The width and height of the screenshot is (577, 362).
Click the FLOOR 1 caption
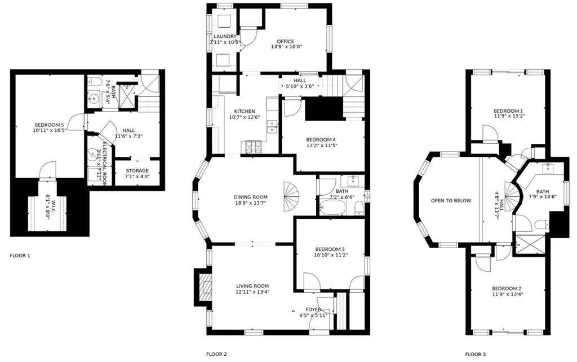[x=20, y=255]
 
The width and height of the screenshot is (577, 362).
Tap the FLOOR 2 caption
[x=216, y=354]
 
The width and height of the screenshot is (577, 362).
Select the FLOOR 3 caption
[x=475, y=354]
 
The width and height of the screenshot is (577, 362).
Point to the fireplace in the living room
[x=205, y=288]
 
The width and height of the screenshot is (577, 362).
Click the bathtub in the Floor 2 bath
[x=333, y=209]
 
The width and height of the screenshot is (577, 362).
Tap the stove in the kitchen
[x=252, y=147]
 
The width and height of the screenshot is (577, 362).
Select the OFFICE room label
[x=285, y=42]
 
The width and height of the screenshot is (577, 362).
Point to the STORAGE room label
[x=137, y=171]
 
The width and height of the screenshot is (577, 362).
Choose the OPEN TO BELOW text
[x=451, y=201]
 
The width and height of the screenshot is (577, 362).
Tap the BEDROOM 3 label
[x=330, y=249]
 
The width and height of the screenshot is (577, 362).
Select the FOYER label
[x=313, y=310]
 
